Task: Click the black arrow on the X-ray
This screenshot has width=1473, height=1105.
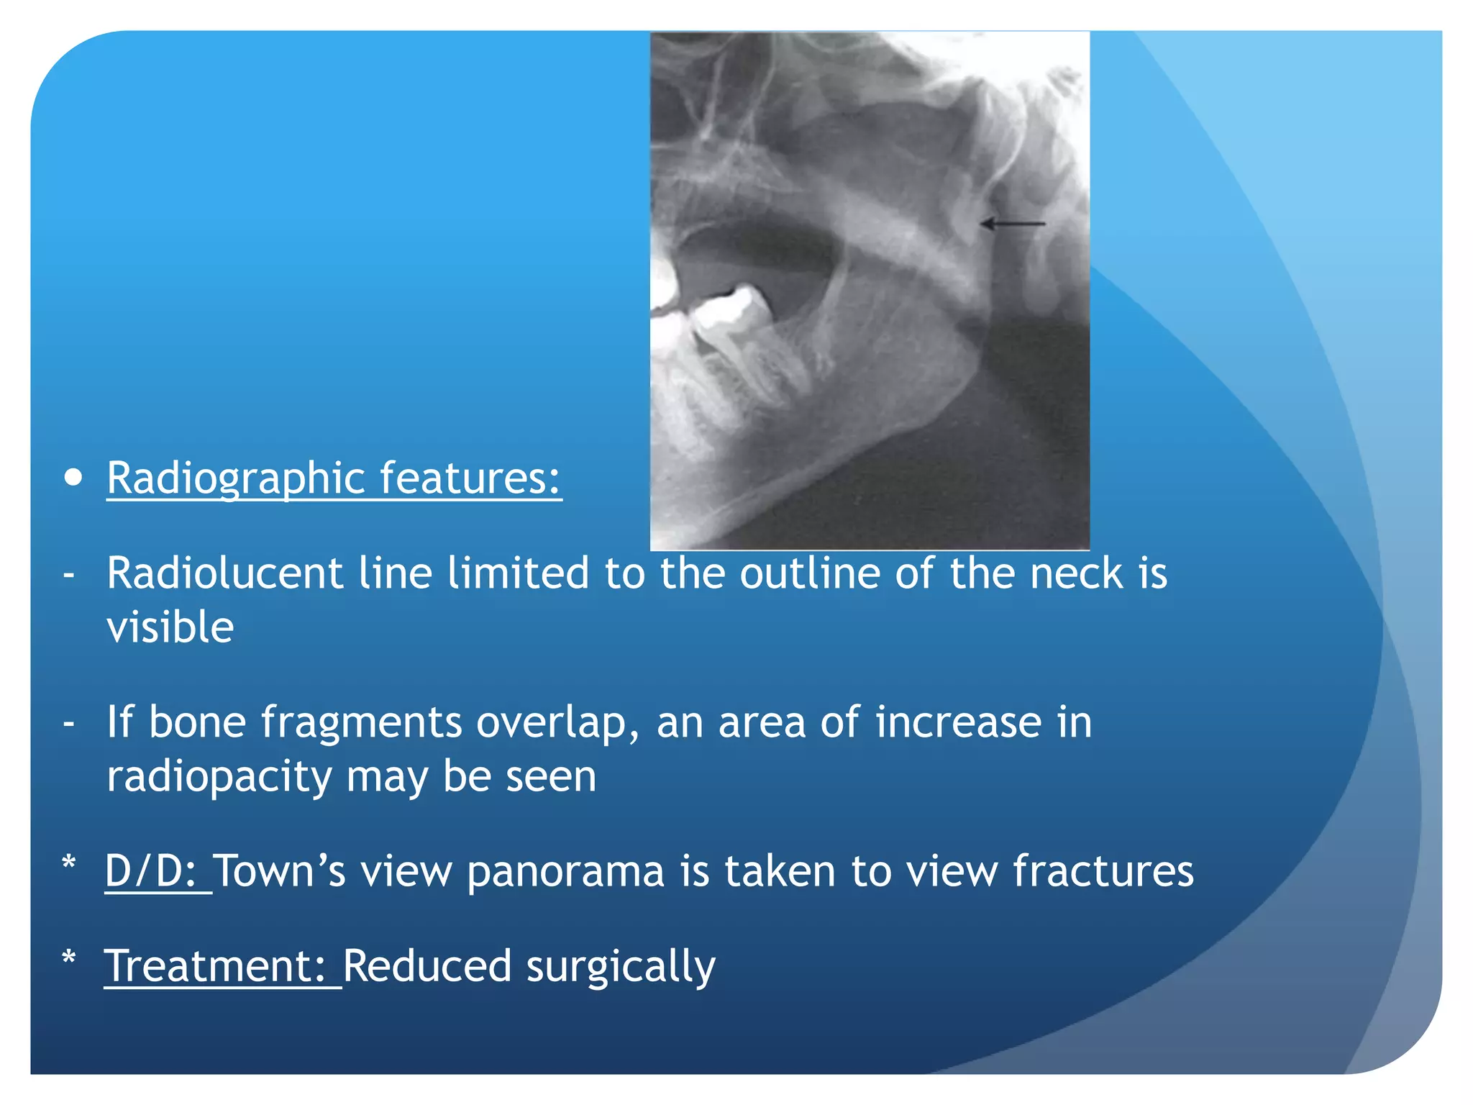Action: click(x=1013, y=224)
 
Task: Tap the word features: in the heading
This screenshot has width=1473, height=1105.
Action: click(x=470, y=478)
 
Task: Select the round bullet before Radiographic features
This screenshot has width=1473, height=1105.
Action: click(x=73, y=478)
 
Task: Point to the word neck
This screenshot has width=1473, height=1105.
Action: click(x=1076, y=573)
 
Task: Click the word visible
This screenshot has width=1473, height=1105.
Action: click(x=170, y=627)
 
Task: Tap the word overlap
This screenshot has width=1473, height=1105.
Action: click(x=557, y=723)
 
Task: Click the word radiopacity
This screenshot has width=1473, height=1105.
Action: click(x=219, y=777)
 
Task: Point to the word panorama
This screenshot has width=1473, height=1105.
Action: click(x=565, y=871)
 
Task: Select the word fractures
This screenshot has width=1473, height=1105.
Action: click(x=1103, y=871)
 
